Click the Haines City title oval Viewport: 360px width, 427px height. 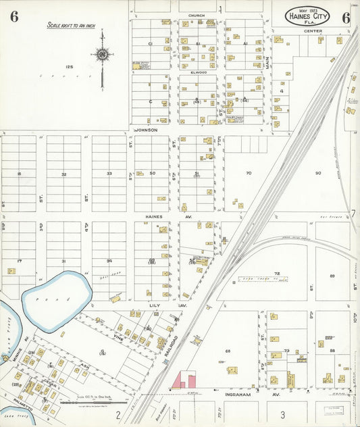307,16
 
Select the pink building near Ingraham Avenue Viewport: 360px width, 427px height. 184,379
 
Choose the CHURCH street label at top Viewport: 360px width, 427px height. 197,15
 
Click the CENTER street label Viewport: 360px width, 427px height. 313,31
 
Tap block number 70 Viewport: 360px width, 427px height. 248,174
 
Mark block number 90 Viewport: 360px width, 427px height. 317,174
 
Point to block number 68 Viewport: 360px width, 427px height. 228,351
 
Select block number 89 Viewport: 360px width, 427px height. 332,276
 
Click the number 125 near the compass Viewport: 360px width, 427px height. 68,67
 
